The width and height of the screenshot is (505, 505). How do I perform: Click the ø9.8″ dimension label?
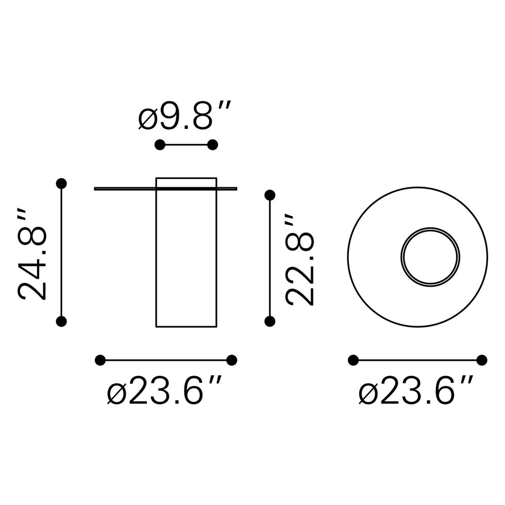[x=184, y=115]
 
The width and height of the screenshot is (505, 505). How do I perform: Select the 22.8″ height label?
[x=299, y=260]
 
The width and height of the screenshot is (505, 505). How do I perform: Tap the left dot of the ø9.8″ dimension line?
[x=160, y=145]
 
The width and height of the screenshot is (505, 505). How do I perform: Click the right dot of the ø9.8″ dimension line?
[x=212, y=145]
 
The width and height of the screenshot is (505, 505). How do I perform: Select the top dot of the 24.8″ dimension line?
[x=61, y=183]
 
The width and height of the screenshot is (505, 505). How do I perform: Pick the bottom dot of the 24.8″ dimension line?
[x=61, y=321]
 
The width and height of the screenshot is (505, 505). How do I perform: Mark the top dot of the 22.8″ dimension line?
[x=270, y=195]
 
